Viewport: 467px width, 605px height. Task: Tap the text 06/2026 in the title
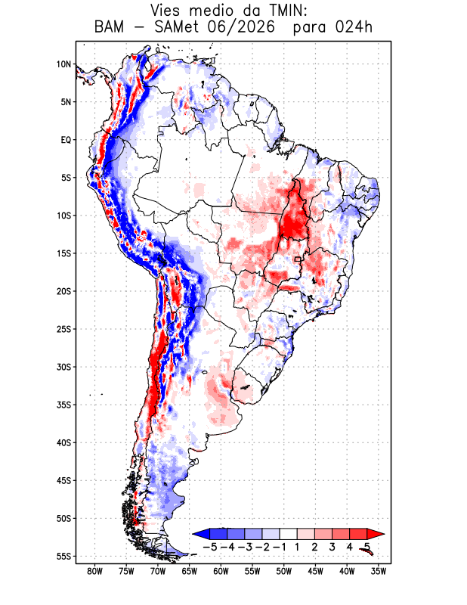click(241, 27)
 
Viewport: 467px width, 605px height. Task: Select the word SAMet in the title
click(177, 27)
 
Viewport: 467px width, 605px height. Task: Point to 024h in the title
click(354, 27)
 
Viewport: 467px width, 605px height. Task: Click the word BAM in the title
click(109, 27)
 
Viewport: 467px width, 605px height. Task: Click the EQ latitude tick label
click(66, 140)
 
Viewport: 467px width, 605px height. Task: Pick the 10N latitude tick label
click(64, 64)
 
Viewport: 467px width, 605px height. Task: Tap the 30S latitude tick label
click(64, 367)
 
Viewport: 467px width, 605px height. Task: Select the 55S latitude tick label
click(64, 556)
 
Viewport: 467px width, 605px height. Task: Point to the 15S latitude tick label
click(64, 253)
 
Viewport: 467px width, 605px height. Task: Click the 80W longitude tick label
click(95, 572)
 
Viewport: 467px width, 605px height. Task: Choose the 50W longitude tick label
click(284, 572)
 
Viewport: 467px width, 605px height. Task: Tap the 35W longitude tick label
click(379, 572)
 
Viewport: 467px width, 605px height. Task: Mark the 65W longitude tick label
click(190, 572)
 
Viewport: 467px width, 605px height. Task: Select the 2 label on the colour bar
click(314, 547)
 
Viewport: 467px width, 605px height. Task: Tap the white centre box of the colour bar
click(289, 534)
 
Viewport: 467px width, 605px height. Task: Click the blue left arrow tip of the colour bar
click(193, 534)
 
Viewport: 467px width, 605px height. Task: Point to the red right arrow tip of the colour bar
click(385, 534)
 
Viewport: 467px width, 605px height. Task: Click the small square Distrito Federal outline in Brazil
click(298, 259)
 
